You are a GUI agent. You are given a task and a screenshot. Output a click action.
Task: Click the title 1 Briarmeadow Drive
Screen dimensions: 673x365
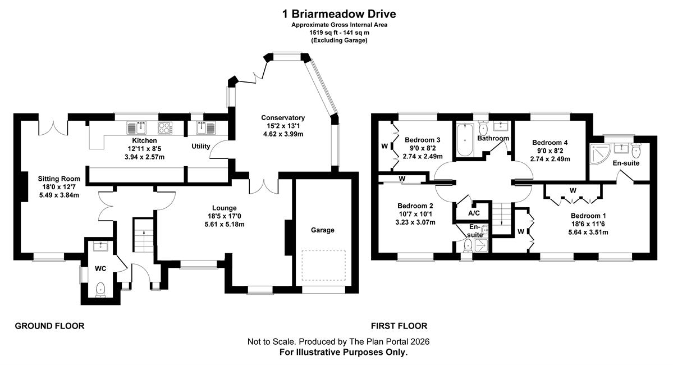[x=338, y=13]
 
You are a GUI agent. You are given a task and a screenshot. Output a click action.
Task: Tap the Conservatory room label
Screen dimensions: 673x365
[x=283, y=118]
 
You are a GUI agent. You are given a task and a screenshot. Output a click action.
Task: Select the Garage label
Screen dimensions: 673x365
[x=322, y=230]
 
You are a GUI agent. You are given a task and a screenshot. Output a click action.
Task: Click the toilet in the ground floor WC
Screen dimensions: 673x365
[x=100, y=289]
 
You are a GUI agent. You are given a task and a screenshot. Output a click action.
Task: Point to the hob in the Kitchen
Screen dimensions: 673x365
[x=165, y=128]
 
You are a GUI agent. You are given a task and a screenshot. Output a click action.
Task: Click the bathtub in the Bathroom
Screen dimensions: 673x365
[x=464, y=140]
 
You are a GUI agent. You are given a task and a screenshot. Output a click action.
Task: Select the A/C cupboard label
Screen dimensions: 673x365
[x=474, y=213]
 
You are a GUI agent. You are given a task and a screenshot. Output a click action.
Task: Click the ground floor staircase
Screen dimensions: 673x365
[x=144, y=235]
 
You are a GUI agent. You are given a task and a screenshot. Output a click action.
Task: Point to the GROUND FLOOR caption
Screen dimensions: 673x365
[x=50, y=326]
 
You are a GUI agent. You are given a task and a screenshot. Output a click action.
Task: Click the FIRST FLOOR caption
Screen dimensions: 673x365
[x=399, y=326]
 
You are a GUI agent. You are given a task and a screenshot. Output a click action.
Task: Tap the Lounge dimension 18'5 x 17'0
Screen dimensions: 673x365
[x=225, y=216]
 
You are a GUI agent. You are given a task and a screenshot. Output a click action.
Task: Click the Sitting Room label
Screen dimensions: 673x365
[x=59, y=179]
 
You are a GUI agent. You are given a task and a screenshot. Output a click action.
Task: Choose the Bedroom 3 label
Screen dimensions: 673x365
[x=422, y=140]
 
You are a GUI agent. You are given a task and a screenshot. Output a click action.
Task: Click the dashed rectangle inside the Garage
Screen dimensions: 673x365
[x=324, y=266]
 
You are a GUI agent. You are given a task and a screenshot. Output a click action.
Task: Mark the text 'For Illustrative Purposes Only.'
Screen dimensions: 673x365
[x=344, y=353]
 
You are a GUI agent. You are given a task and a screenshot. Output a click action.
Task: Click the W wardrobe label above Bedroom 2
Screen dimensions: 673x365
[x=402, y=179]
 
